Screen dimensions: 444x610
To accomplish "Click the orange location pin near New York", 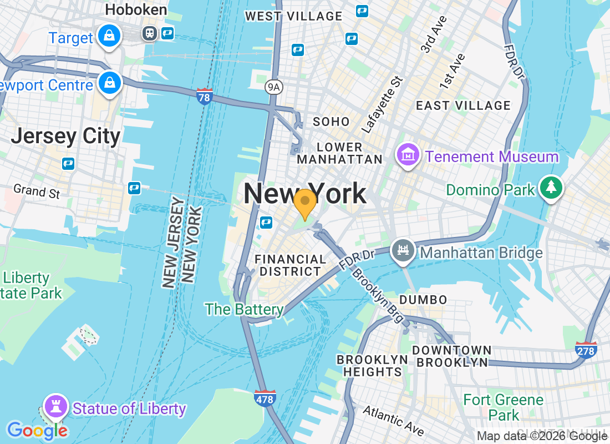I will pos(304,202).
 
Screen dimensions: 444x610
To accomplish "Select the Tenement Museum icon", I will pos(408,156).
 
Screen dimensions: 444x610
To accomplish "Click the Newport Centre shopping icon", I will pos(109,83).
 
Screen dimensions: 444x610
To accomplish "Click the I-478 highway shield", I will pos(265,398).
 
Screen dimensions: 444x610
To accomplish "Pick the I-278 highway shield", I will pos(586,350).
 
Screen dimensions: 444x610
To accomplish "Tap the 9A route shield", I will pos(273,86).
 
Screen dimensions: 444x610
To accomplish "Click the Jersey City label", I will pos(65,137).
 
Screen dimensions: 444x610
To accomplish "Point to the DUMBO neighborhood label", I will pos(423,300).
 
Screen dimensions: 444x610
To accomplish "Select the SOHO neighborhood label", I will pos(331,122).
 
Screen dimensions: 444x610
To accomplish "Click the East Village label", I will pos(463,105).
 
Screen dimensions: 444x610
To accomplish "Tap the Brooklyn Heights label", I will pos(372,366).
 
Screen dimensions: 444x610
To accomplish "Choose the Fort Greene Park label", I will pos(504,407).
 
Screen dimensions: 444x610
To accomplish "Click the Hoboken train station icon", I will pos(149,33).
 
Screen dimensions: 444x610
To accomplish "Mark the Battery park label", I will pos(245,309).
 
